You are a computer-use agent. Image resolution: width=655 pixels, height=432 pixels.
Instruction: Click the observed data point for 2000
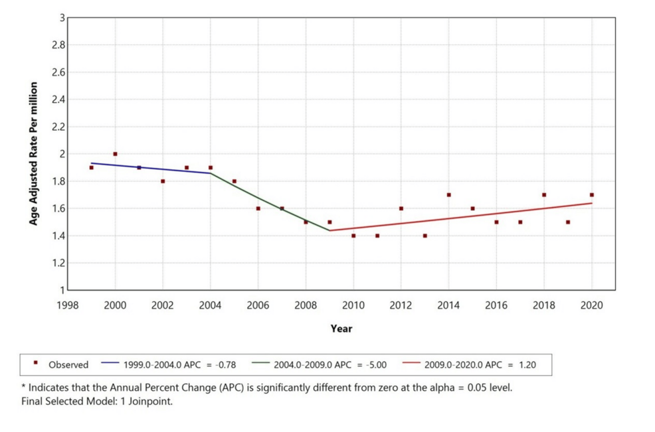tap(115, 154)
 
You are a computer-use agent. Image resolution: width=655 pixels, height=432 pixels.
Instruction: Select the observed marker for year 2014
tap(448, 195)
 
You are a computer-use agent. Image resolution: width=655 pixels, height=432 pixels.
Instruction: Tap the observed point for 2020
tap(591, 195)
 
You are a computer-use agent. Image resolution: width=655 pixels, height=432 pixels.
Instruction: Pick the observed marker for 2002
tap(163, 181)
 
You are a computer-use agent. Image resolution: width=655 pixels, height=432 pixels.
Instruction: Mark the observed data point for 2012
tap(401, 208)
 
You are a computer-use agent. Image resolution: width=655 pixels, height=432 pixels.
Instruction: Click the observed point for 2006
tap(258, 208)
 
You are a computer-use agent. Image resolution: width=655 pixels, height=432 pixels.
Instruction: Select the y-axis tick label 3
tap(60, 18)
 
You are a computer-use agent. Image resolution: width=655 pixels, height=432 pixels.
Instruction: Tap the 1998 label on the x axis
tap(68, 305)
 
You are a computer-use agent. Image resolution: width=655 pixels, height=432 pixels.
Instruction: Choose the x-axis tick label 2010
tap(353, 305)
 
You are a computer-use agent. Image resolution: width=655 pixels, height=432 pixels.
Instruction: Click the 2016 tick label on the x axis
tap(496, 305)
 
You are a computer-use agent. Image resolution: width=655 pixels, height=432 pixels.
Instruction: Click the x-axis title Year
tap(341, 328)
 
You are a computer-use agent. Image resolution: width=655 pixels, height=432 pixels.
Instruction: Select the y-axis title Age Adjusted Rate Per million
tap(33, 153)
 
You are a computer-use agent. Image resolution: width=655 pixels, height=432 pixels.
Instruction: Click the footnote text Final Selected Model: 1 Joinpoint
tap(97, 401)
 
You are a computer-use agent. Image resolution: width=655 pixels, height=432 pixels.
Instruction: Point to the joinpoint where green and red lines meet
tap(329, 230)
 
